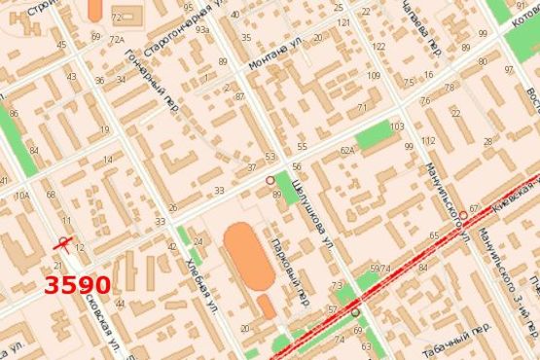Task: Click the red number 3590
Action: click(x=77, y=285)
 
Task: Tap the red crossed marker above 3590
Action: click(x=64, y=242)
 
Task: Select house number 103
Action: click(x=396, y=127)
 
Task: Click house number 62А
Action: click(x=347, y=152)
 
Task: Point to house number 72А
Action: click(x=118, y=40)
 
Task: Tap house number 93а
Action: click(x=202, y=30)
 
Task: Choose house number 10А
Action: click(x=21, y=196)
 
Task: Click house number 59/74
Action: click(x=380, y=269)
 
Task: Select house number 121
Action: click(x=342, y=21)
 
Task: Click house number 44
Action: click(x=119, y=305)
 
